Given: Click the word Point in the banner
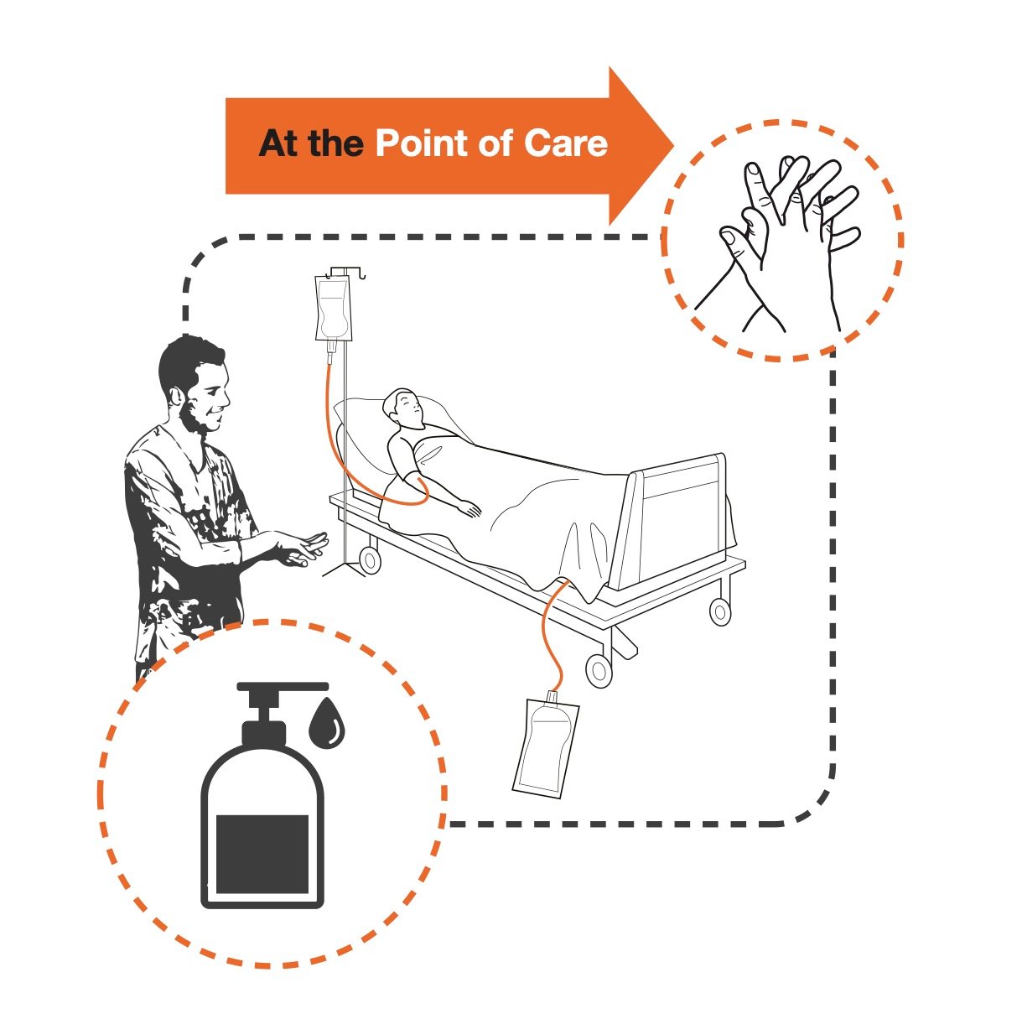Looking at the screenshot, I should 423,143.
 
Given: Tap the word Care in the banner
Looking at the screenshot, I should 565,143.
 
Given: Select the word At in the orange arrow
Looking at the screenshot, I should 278,143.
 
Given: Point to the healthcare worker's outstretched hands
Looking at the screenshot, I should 298,550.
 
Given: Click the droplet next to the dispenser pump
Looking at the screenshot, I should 326,721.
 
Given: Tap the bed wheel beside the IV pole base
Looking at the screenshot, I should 369,559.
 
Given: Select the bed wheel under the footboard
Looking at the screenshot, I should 720,611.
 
